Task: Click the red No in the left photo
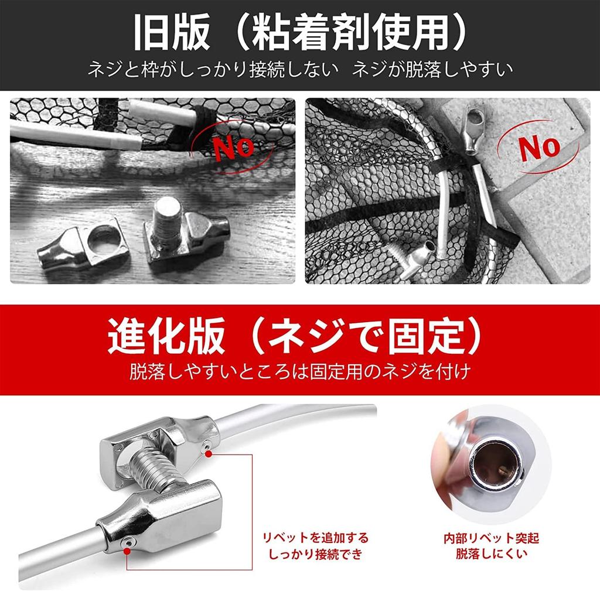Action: point(233,146)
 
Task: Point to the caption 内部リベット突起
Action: point(491,538)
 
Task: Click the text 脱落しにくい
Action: point(491,554)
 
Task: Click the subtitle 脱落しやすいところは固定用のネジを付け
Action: point(300,371)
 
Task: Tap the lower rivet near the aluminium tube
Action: point(127,544)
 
